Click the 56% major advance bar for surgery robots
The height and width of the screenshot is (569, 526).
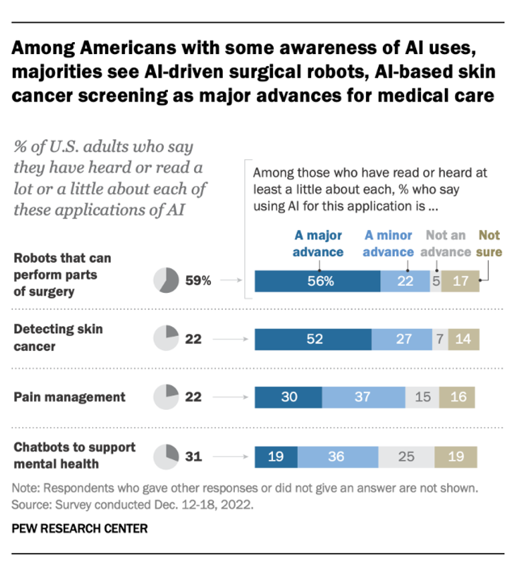(x=317, y=281)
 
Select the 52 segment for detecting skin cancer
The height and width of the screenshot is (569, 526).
(x=313, y=339)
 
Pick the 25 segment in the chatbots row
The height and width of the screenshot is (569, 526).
(x=406, y=457)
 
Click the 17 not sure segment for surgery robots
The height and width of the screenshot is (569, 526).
(x=460, y=281)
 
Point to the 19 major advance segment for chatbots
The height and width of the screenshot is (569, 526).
(x=276, y=457)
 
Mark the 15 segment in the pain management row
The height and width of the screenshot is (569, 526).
(x=422, y=396)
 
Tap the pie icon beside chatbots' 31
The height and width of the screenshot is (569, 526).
(x=166, y=457)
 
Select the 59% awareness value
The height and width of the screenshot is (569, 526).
(x=198, y=281)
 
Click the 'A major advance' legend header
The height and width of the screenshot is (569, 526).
(x=319, y=243)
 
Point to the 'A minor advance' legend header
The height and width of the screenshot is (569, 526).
(x=388, y=243)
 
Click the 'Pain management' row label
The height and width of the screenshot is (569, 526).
(x=70, y=396)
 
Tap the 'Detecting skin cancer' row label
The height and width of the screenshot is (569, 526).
(x=59, y=338)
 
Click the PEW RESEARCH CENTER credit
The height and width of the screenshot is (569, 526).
(x=80, y=528)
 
